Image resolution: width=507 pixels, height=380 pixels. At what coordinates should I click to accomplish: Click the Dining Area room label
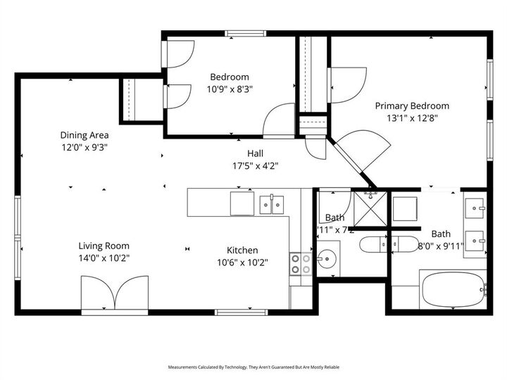coord(84,135)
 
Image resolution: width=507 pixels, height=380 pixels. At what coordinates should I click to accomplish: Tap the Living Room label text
coord(104,246)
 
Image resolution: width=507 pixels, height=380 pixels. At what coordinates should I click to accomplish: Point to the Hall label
coord(255,154)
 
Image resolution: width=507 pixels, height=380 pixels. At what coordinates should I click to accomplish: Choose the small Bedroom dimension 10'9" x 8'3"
coord(230,89)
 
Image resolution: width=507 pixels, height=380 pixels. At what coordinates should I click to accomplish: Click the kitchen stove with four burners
coord(301,264)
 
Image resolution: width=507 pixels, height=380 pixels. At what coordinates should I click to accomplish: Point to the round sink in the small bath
coord(327,259)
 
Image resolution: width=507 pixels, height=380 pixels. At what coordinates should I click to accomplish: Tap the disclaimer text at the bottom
coord(254,367)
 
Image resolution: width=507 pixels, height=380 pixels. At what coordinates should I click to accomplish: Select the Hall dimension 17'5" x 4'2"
coord(255,166)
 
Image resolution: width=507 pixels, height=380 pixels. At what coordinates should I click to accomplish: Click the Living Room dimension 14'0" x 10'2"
coord(104,258)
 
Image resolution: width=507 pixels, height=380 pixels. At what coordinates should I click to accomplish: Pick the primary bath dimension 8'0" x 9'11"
coord(441,246)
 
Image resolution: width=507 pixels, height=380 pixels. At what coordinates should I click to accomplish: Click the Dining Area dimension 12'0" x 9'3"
coord(84,147)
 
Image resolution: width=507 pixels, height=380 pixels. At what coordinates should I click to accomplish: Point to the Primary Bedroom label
coord(412,106)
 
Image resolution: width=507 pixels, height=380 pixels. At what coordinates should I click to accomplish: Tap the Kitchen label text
coord(242,250)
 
